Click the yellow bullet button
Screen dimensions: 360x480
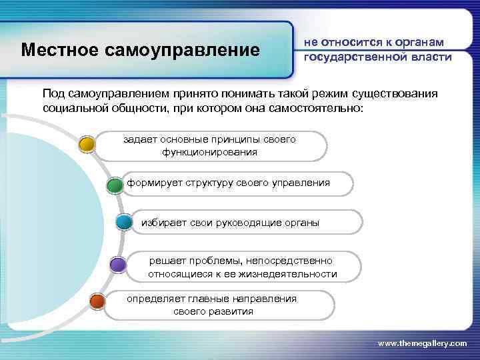[x=86, y=143]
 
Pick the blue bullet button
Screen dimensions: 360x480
[x=124, y=222]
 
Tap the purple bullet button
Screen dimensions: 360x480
[x=117, y=265]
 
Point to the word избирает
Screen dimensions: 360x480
[x=161, y=222]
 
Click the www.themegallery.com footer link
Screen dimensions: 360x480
[x=422, y=343]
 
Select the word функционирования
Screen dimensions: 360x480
[x=209, y=152]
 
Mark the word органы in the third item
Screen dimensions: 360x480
[x=300, y=222]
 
